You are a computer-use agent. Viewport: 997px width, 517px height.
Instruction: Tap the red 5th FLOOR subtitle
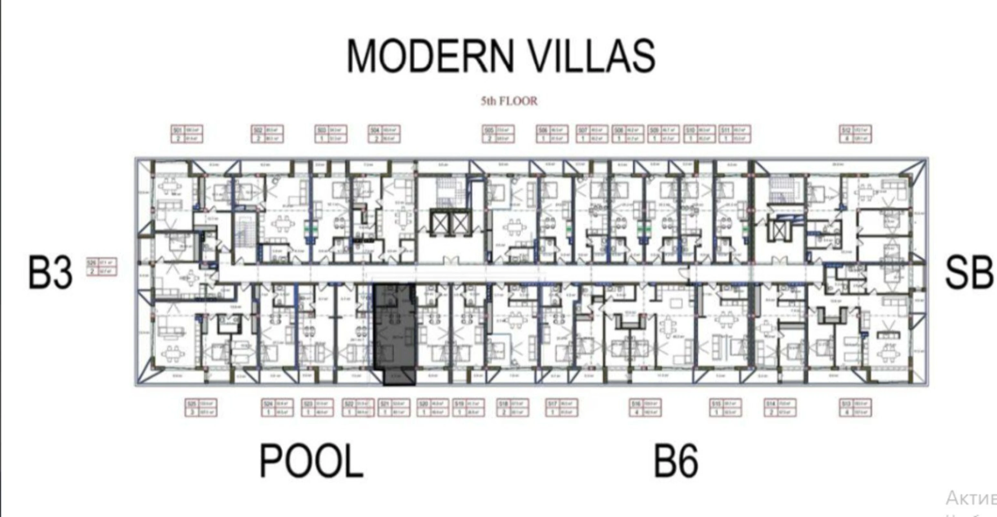coord(509,101)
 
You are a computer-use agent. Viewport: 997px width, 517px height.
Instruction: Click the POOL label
coord(311,461)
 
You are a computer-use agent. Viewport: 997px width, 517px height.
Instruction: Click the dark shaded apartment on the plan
coord(395,333)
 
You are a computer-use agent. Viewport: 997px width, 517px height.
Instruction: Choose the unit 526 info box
coord(102,267)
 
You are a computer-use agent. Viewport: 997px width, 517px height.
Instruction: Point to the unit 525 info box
coord(201,408)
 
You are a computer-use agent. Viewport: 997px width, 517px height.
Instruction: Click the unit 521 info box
coord(394,408)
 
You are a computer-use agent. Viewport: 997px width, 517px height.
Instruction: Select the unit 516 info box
coord(645,408)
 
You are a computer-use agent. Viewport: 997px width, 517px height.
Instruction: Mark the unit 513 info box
coord(855,408)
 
